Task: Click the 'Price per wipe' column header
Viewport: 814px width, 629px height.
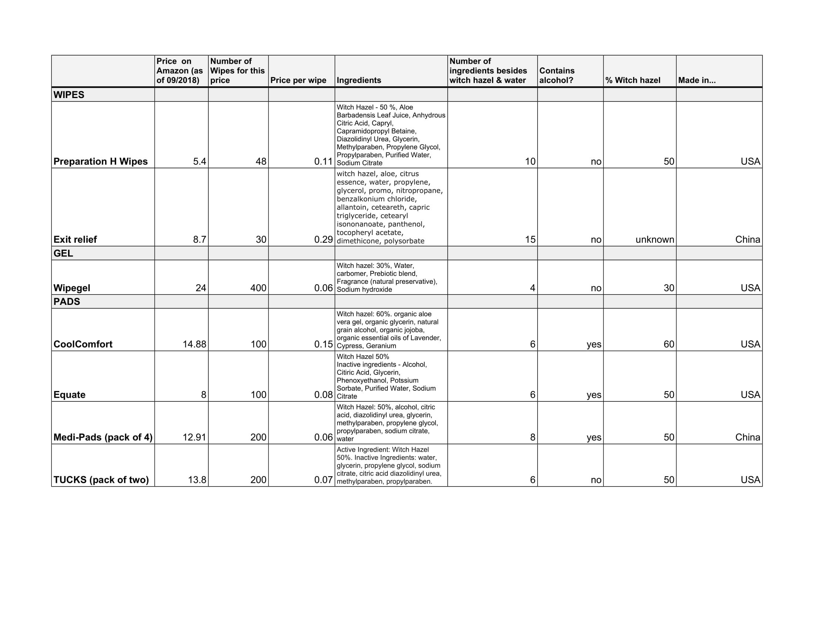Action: tap(298, 80)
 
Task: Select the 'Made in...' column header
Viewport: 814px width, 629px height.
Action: tap(697, 80)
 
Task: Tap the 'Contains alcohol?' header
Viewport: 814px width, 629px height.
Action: tap(557, 75)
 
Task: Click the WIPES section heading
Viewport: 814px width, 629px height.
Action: tap(69, 95)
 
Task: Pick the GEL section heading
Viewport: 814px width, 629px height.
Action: tap(63, 253)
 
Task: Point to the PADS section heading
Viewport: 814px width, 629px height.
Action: tap(67, 302)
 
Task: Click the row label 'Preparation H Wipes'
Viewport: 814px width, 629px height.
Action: tap(101, 161)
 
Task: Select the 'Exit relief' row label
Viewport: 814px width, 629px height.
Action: tap(75, 239)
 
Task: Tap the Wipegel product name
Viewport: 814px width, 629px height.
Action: tap(72, 287)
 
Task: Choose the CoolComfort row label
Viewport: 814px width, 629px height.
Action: tap(83, 344)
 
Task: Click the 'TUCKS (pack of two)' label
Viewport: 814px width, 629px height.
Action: tap(101, 480)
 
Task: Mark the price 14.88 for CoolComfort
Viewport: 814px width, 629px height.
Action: tap(194, 344)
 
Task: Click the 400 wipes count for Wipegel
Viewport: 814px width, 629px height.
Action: tap(258, 287)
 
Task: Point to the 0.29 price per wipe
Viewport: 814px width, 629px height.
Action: tap(323, 239)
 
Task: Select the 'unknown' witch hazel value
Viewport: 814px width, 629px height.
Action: tap(655, 239)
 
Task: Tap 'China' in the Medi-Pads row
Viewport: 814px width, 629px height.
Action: tap(747, 437)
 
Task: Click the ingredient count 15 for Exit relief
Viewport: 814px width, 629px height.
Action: tap(530, 239)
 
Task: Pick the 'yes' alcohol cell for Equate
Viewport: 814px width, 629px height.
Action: tap(594, 395)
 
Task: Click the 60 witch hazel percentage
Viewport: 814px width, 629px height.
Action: tap(669, 344)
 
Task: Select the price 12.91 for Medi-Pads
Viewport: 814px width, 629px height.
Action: tap(194, 437)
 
